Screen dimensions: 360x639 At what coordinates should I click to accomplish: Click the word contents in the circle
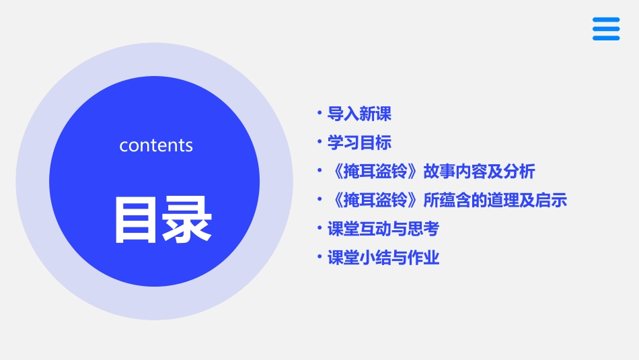point(156,145)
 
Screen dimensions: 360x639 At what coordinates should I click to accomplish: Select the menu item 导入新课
point(359,114)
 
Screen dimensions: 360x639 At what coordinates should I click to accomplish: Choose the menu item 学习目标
point(359,143)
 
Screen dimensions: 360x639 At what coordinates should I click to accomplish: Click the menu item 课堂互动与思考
point(383,229)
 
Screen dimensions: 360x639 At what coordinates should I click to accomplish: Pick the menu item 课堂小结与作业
point(383,258)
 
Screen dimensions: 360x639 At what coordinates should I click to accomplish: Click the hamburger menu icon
point(606,29)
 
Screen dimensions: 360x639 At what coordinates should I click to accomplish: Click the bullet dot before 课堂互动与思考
point(319,228)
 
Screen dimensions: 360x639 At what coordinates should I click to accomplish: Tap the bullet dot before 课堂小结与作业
point(319,257)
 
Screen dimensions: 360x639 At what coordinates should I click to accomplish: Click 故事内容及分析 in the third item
point(479,172)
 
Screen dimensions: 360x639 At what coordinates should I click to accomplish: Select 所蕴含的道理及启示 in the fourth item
point(495,201)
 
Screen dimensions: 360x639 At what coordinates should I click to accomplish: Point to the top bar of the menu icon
point(606,20)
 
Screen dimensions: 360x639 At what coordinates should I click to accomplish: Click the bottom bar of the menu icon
point(606,38)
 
